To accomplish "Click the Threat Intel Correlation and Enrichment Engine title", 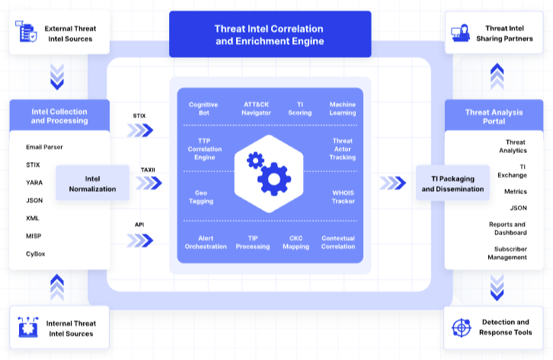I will pyautogui.click(x=270, y=35).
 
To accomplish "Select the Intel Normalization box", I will pyautogui.click(x=92, y=183).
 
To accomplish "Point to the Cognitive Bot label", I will pyautogui.click(x=203, y=108).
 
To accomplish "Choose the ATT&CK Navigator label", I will pyautogui.click(x=257, y=108).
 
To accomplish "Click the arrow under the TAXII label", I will pyautogui.click(x=149, y=183).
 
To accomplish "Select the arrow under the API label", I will pyautogui.click(x=140, y=240).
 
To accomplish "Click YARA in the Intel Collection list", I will pyautogui.click(x=34, y=183).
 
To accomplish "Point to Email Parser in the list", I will pyautogui.click(x=44, y=147).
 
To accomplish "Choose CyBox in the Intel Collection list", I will pyautogui.click(x=36, y=253).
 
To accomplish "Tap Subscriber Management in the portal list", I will pyautogui.click(x=507, y=253).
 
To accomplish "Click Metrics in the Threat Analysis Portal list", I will pyautogui.click(x=515, y=192).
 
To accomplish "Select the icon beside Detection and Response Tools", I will pyautogui.click(x=462, y=327).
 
